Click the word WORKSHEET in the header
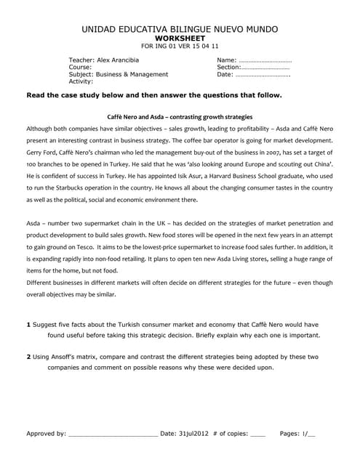[180, 38]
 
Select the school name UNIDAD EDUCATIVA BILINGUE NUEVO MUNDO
[180, 28]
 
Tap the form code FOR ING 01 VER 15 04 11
[180, 46]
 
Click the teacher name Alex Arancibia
[115, 60]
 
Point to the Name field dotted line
[265, 60]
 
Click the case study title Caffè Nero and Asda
[180, 116]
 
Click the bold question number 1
[28, 325]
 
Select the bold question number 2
[28, 357]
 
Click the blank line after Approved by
[112, 434]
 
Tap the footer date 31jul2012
[193, 434]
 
